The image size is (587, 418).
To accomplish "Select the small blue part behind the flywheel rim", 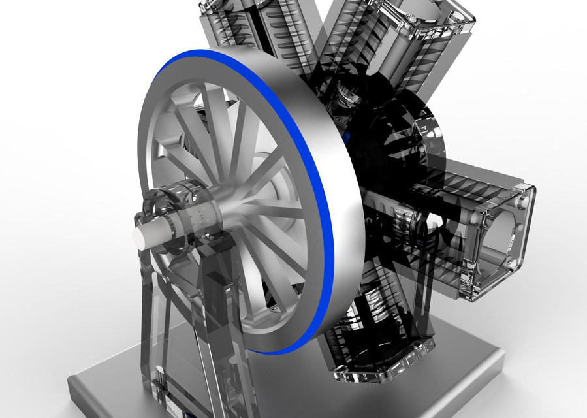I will coord(347,136).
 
